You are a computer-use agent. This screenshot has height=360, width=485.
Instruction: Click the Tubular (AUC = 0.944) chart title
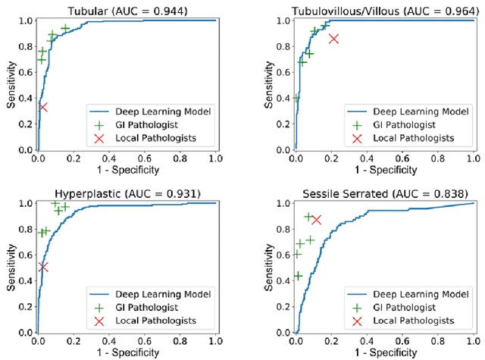point(126,10)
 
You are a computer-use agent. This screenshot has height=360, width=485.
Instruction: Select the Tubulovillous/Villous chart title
point(385,10)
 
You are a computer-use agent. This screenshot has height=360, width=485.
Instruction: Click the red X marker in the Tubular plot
point(42,107)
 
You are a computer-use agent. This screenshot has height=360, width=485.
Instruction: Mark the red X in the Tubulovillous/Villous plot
point(333,38)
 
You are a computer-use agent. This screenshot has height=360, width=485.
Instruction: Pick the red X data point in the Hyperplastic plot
point(43,267)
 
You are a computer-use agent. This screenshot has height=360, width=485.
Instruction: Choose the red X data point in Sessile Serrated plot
point(315,220)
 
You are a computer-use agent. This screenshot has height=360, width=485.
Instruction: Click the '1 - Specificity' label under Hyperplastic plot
point(126,352)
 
